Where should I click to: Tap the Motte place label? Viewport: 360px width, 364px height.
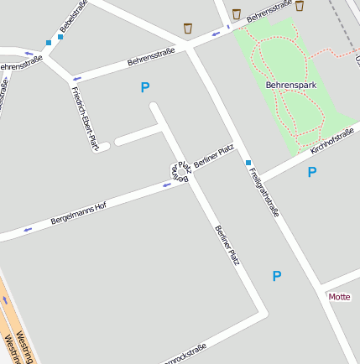(x=339, y=297)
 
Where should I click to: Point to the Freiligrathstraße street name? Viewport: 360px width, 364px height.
(x=263, y=192)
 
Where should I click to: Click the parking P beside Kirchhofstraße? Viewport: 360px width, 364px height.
(x=312, y=173)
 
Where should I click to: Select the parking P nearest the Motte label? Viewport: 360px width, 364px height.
(x=277, y=276)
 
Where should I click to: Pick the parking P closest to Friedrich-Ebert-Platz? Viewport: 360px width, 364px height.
(x=145, y=87)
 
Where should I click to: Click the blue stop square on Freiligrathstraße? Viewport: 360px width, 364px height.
(x=248, y=162)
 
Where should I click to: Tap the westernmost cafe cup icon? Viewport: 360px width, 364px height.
(x=188, y=29)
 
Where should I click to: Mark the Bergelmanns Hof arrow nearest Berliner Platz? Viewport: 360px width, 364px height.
(x=166, y=184)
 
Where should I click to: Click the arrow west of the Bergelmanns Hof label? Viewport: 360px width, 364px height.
(x=29, y=228)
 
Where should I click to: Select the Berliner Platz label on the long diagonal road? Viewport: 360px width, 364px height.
(x=227, y=246)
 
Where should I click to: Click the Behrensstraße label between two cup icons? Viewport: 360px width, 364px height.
(x=268, y=11)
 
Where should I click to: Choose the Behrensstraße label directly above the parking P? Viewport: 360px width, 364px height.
(x=151, y=57)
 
